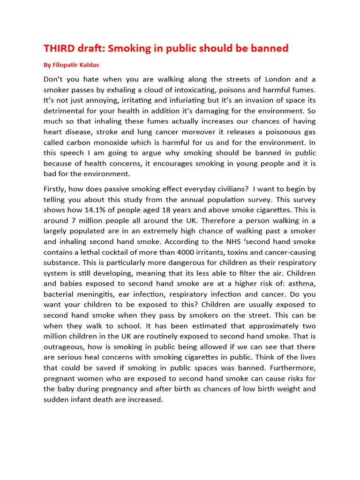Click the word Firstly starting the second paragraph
click(x=56, y=189)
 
